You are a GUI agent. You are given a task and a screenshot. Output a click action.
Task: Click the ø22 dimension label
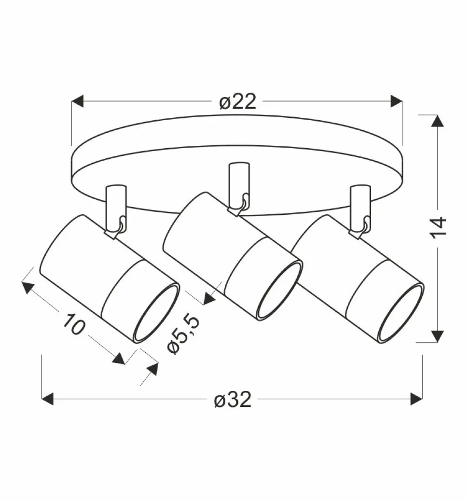(x=238, y=102)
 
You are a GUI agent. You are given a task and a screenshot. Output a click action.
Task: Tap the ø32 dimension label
(x=233, y=399)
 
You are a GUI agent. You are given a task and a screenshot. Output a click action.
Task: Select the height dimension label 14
(x=438, y=227)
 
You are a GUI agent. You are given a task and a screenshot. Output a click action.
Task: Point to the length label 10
(x=74, y=324)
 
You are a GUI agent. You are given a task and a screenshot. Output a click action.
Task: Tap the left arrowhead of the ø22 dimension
(x=78, y=101)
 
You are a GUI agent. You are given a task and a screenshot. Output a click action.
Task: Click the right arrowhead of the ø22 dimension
(x=397, y=101)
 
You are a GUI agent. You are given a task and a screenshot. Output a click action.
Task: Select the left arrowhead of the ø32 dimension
(x=47, y=399)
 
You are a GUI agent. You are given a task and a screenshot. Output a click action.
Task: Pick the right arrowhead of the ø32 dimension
(x=416, y=399)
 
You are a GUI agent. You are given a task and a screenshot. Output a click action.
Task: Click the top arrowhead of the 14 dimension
(x=438, y=121)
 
